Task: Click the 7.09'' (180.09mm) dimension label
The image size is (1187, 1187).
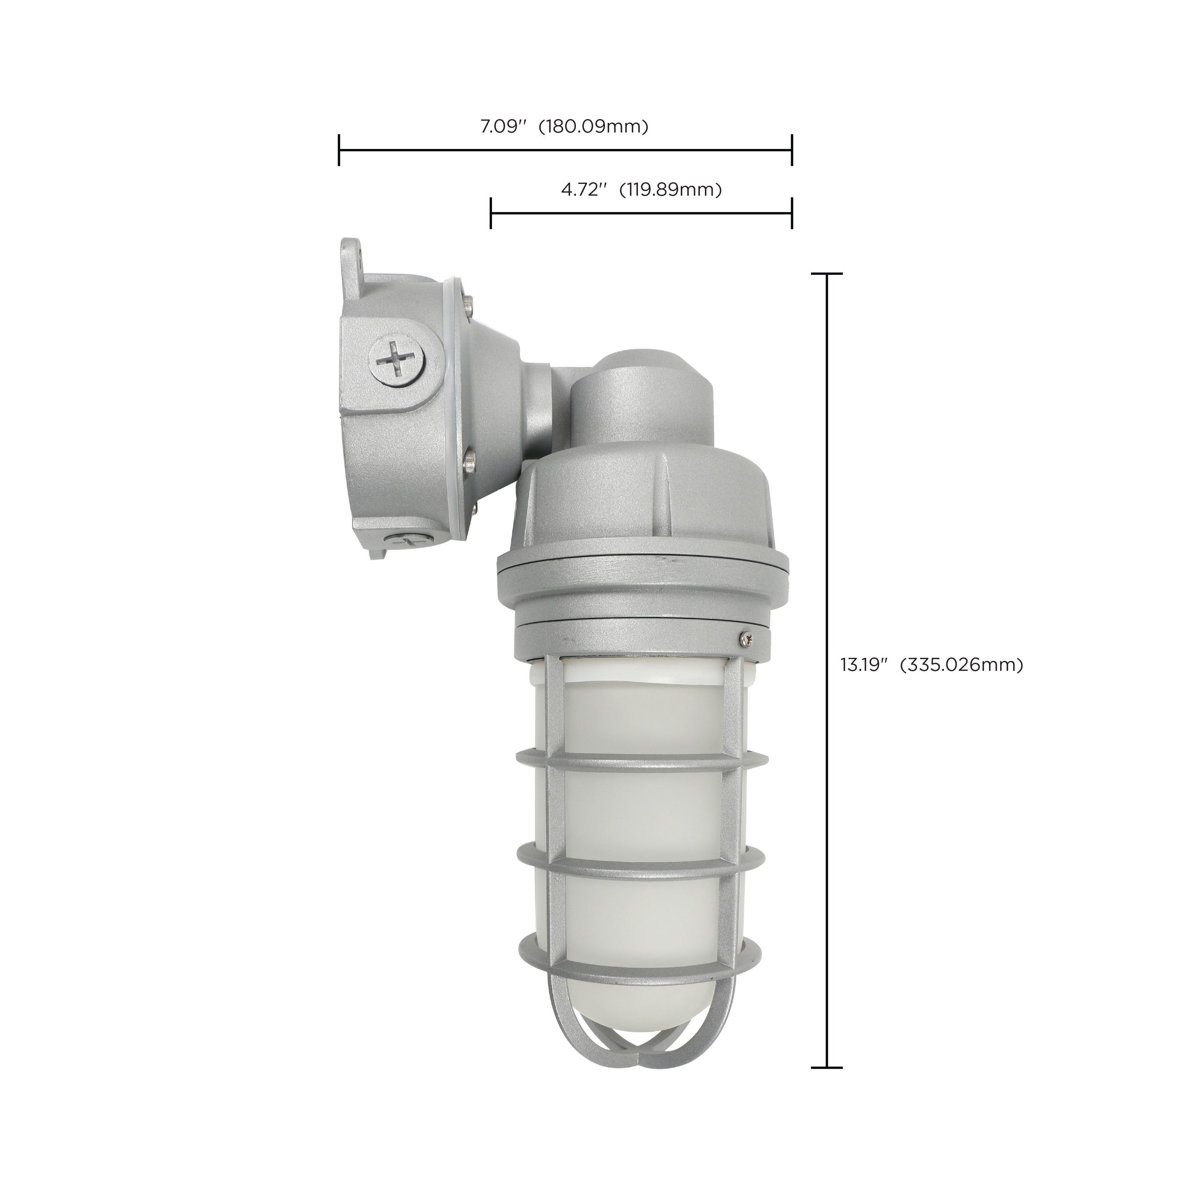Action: coord(564,127)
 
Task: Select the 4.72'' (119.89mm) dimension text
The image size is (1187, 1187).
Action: coord(641,190)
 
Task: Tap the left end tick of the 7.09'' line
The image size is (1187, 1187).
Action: coord(339,150)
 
